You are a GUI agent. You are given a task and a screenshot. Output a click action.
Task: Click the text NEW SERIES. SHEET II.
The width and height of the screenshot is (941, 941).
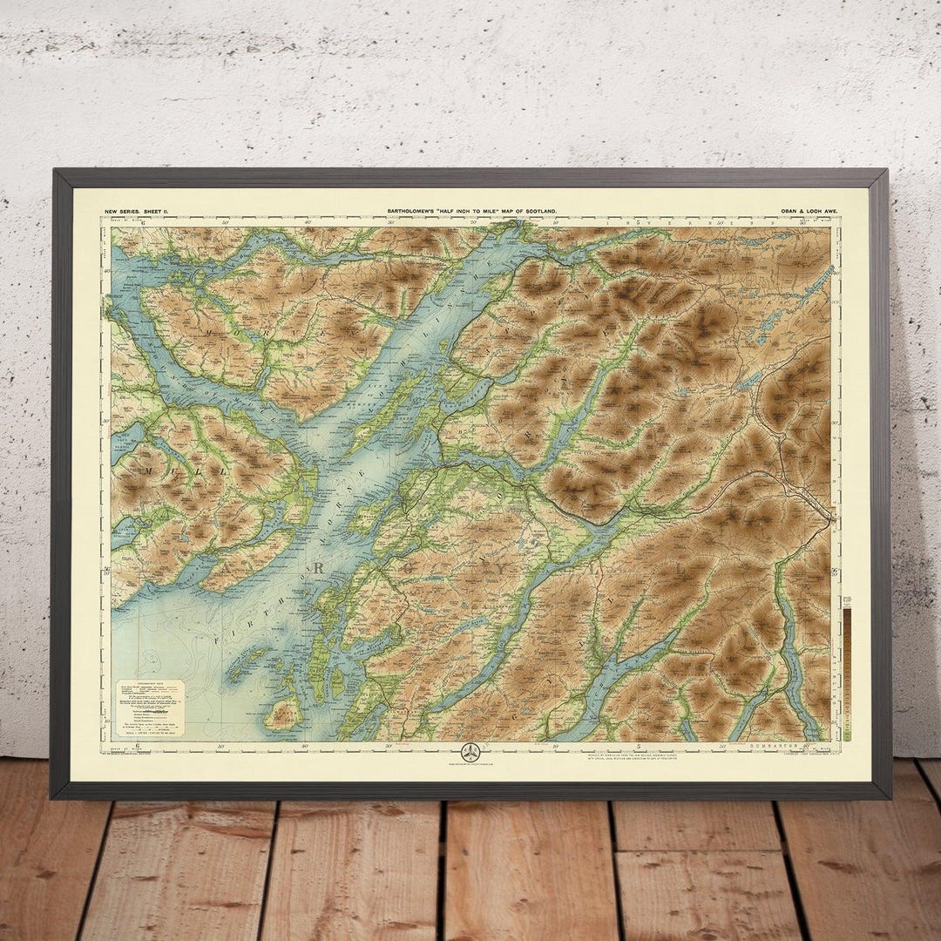pyautogui.click(x=134, y=211)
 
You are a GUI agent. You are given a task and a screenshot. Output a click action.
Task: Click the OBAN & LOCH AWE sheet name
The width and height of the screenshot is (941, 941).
pyautogui.click(x=799, y=211)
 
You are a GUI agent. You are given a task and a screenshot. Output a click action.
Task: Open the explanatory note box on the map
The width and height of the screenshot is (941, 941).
pyautogui.click(x=150, y=707)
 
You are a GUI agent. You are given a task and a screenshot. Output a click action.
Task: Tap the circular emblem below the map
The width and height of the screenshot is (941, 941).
pyautogui.click(x=470, y=752)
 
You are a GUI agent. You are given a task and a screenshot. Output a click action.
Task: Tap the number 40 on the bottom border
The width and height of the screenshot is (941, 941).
pyautogui.click(x=305, y=746)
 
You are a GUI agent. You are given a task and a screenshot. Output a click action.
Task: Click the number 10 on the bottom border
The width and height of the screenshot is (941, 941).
pyautogui.click(x=555, y=746)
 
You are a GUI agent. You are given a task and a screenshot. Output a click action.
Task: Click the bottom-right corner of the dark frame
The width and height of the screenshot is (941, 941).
pyautogui.click(x=889, y=796)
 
